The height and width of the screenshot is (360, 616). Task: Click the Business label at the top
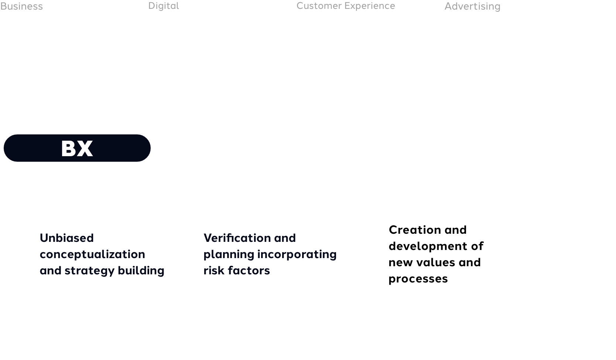tap(21, 6)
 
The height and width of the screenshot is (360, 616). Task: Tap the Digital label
tap(164, 6)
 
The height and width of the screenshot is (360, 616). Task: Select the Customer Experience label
tap(346, 6)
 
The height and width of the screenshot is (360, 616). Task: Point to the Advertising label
tap(472, 6)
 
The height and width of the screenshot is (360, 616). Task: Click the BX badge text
tap(77, 148)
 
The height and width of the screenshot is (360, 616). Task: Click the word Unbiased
tap(67, 238)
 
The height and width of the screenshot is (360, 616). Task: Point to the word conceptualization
tap(92, 254)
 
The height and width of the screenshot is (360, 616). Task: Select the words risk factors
tap(237, 270)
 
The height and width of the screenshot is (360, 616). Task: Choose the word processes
tap(418, 279)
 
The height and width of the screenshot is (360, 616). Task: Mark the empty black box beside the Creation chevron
tap(570, 254)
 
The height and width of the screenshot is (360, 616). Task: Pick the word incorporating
tap(297, 254)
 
